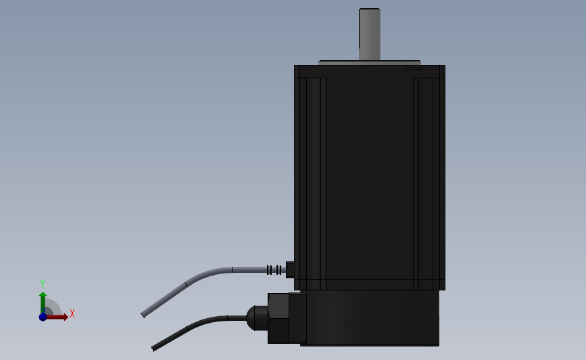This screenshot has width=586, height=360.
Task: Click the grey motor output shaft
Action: pos(370,34)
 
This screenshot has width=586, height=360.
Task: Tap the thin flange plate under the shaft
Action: pos(370,63)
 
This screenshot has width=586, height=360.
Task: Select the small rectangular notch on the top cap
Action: pos(414,68)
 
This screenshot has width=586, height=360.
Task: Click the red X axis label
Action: pos(72,313)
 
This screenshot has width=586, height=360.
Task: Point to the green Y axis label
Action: pos(42,284)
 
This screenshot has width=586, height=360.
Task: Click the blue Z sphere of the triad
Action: pos(43,317)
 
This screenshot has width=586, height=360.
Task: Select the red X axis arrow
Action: pos(57,317)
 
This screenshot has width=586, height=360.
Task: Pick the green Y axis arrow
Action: pos(43,303)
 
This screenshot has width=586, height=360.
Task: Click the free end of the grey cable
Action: pos(143,315)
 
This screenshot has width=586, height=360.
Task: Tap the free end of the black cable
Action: pos(153,349)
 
